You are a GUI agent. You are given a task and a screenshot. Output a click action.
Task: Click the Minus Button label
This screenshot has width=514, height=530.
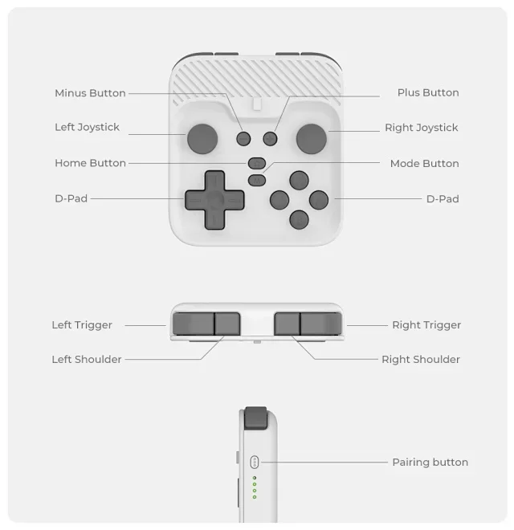click(90, 93)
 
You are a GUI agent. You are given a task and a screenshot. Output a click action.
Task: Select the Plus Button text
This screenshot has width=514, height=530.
click(428, 92)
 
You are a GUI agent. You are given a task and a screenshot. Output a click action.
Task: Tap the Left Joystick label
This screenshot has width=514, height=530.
click(87, 127)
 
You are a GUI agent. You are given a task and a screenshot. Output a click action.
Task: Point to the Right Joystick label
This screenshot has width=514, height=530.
click(421, 128)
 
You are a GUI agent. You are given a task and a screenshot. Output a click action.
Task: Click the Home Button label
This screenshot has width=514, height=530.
click(90, 163)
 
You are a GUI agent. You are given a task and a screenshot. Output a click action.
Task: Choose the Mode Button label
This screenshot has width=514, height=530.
click(424, 163)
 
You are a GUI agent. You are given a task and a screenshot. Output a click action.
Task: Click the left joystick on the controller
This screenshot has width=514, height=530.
click(202, 137)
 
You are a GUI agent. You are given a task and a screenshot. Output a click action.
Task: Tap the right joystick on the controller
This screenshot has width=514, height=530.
click(311, 137)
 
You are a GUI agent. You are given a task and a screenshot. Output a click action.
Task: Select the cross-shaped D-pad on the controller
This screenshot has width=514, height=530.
click(214, 199)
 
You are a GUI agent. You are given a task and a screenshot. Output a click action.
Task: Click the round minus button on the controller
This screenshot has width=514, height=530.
click(244, 139)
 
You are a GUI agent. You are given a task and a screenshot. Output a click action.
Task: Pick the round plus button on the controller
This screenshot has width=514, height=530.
click(270, 139)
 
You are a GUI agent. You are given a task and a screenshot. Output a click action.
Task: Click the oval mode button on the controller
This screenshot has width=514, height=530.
click(257, 180)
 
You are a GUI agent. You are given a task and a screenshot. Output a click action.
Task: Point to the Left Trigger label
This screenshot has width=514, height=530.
click(82, 325)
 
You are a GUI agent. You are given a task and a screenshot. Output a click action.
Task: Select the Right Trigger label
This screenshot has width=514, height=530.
click(426, 325)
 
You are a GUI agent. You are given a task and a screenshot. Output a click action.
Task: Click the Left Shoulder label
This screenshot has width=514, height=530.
click(87, 360)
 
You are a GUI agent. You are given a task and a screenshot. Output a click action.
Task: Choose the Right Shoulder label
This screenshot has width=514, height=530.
click(421, 360)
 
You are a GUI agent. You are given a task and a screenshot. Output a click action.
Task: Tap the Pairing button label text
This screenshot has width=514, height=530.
click(430, 462)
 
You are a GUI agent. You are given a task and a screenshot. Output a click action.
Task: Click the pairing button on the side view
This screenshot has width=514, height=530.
click(255, 462)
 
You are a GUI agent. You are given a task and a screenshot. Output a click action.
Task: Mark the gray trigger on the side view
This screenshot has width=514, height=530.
click(256, 418)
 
